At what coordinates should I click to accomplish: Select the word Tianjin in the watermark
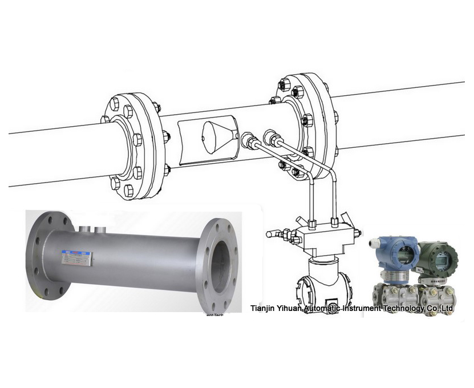tap(263, 309)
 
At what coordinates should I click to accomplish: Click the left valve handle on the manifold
tap(276, 233)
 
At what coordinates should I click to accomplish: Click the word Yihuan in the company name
tap(290, 309)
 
